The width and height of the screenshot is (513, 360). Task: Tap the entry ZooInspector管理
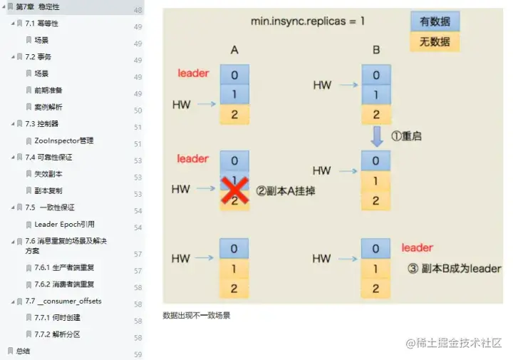[x=63, y=140]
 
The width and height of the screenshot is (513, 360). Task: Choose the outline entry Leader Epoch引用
[x=64, y=224]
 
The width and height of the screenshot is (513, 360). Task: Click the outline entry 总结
[x=23, y=351]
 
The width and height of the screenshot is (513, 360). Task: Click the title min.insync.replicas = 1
[x=307, y=21]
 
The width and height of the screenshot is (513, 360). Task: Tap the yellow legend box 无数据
[x=435, y=41]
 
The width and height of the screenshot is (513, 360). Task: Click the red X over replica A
[x=234, y=189]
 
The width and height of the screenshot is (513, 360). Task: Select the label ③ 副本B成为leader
[x=455, y=269]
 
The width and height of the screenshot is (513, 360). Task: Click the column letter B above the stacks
[x=375, y=50]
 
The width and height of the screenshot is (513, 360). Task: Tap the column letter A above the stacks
[x=234, y=50]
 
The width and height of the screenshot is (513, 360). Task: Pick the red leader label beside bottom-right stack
[x=417, y=248]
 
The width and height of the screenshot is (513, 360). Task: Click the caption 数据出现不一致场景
[x=197, y=315]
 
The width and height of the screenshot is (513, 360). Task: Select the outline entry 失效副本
[x=48, y=174]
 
